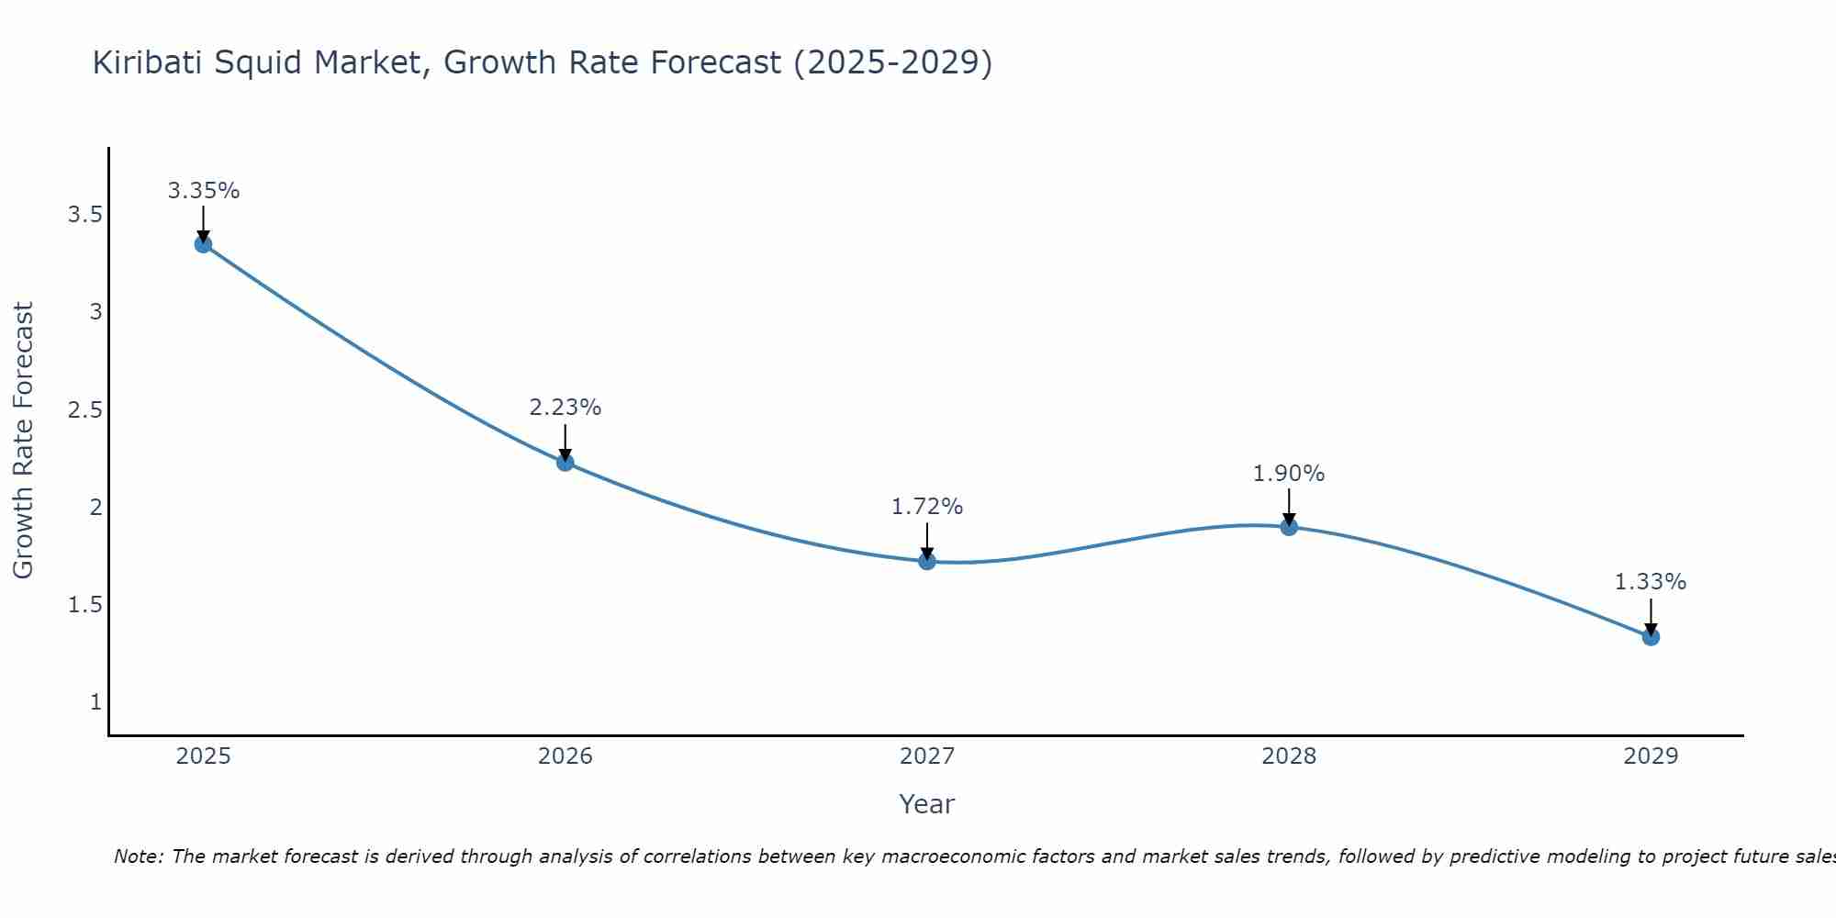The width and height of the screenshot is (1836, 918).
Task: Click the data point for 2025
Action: [203, 244]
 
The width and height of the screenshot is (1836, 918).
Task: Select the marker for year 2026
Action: [565, 463]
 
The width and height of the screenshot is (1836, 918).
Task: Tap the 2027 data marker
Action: [927, 561]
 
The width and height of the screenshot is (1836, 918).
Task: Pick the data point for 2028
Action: [1289, 527]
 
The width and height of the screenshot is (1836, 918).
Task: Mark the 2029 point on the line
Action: [1651, 637]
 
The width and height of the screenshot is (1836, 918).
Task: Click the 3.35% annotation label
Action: [204, 191]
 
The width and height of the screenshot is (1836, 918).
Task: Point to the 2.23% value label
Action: [565, 408]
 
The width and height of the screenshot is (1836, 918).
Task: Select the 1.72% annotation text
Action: [927, 507]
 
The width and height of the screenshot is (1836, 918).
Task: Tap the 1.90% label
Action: [1289, 474]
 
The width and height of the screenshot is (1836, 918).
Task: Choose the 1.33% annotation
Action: [1651, 582]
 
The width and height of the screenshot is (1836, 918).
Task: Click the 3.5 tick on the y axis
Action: [84, 215]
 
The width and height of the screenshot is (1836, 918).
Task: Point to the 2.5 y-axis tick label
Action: [84, 409]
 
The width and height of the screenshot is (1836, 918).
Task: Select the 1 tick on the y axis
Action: [95, 702]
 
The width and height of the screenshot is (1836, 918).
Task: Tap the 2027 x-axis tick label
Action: [927, 756]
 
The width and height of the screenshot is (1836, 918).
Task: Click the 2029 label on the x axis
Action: [1651, 756]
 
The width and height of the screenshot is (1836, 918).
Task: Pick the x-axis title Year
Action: [927, 804]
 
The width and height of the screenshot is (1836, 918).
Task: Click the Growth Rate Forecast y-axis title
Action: [23, 441]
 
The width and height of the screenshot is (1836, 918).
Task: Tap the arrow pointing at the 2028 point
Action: [1289, 507]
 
